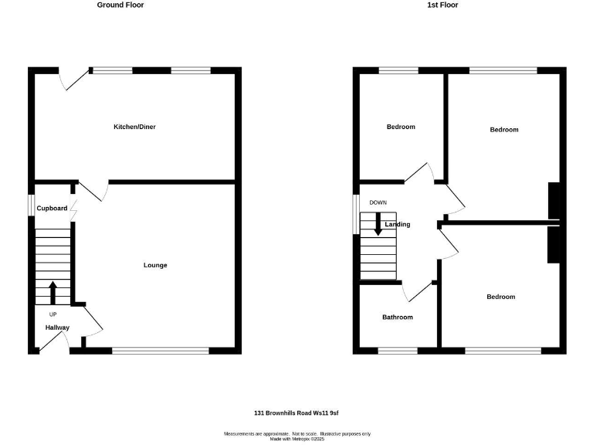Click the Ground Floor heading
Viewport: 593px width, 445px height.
point(120,5)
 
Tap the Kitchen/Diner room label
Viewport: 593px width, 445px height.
point(134,127)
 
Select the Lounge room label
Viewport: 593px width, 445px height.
point(155,265)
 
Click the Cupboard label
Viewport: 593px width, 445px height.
point(52,208)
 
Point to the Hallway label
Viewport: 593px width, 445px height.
point(57,328)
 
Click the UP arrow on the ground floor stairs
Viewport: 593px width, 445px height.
point(53,293)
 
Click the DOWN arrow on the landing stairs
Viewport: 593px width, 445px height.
point(378,224)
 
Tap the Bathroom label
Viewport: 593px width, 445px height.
point(398,317)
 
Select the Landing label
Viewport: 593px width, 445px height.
point(398,224)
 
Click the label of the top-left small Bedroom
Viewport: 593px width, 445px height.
point(401,127)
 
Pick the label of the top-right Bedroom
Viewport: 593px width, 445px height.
point(504,130)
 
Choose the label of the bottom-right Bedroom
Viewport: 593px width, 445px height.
point(500,297)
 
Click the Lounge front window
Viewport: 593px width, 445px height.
point(160,351)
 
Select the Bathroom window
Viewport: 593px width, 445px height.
point(398,351)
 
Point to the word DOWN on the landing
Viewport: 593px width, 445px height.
point(378,202)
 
